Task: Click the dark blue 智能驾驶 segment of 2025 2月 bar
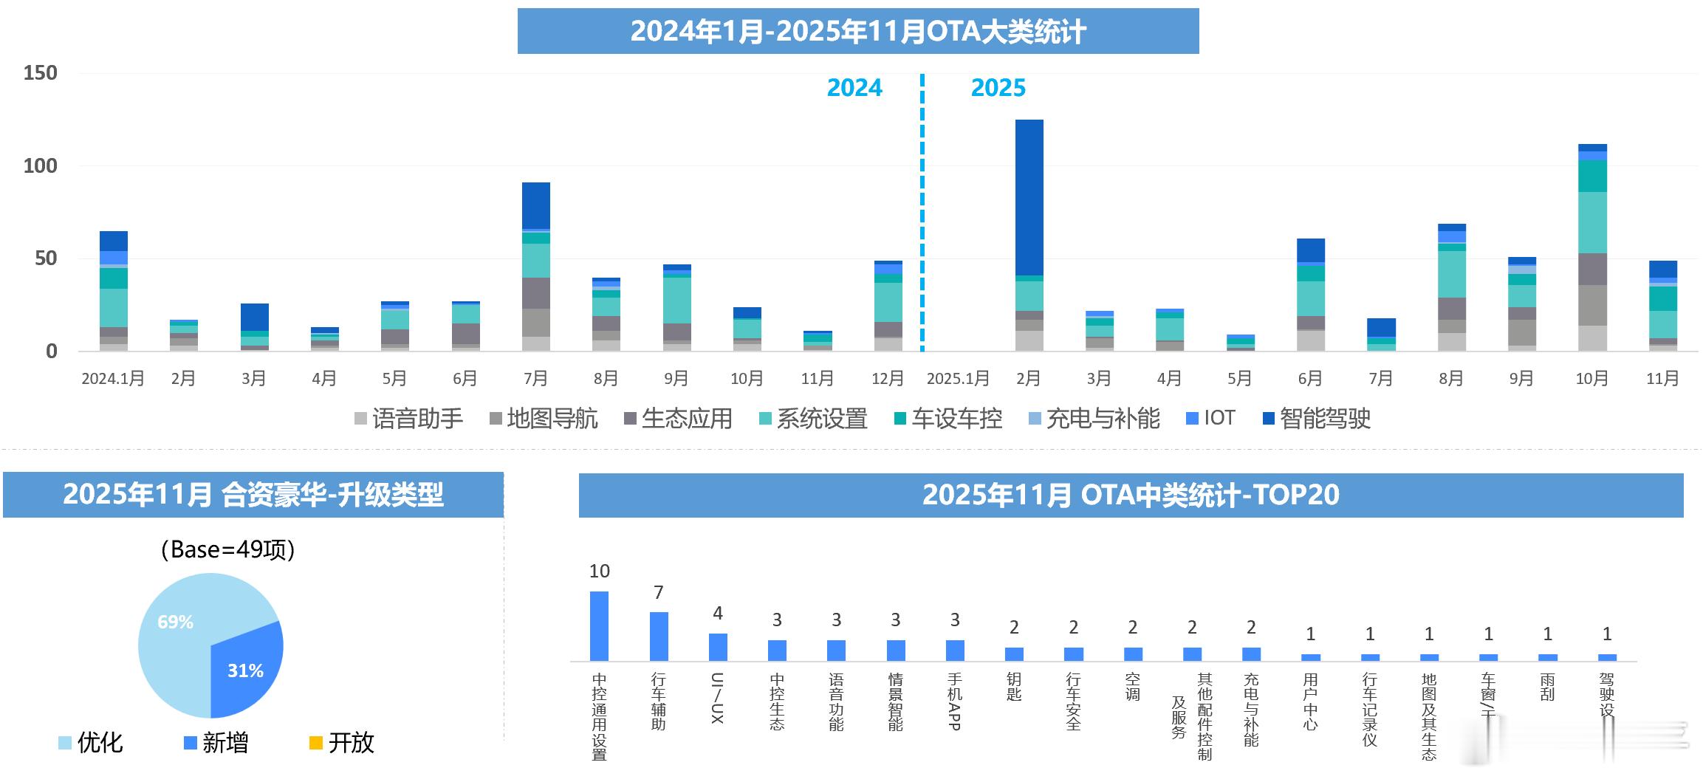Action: point(1029,197)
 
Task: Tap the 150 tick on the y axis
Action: point(40,73)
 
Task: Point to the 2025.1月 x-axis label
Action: point(958,379)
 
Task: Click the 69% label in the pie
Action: point(176,622)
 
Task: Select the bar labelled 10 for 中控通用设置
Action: point(599,625)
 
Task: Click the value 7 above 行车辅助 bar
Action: point(659,592)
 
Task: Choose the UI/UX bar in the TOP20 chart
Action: point(718,647)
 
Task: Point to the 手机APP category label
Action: point(955,701)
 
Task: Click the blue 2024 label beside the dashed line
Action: point(854,88)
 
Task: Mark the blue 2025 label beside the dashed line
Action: point(998,88)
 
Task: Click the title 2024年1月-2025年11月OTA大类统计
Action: point(857,32)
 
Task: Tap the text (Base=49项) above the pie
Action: point(227,549)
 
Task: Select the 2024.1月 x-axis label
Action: point(113,379)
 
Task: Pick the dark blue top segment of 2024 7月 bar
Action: point(535,205)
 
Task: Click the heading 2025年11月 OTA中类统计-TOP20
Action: point(1130,495)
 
